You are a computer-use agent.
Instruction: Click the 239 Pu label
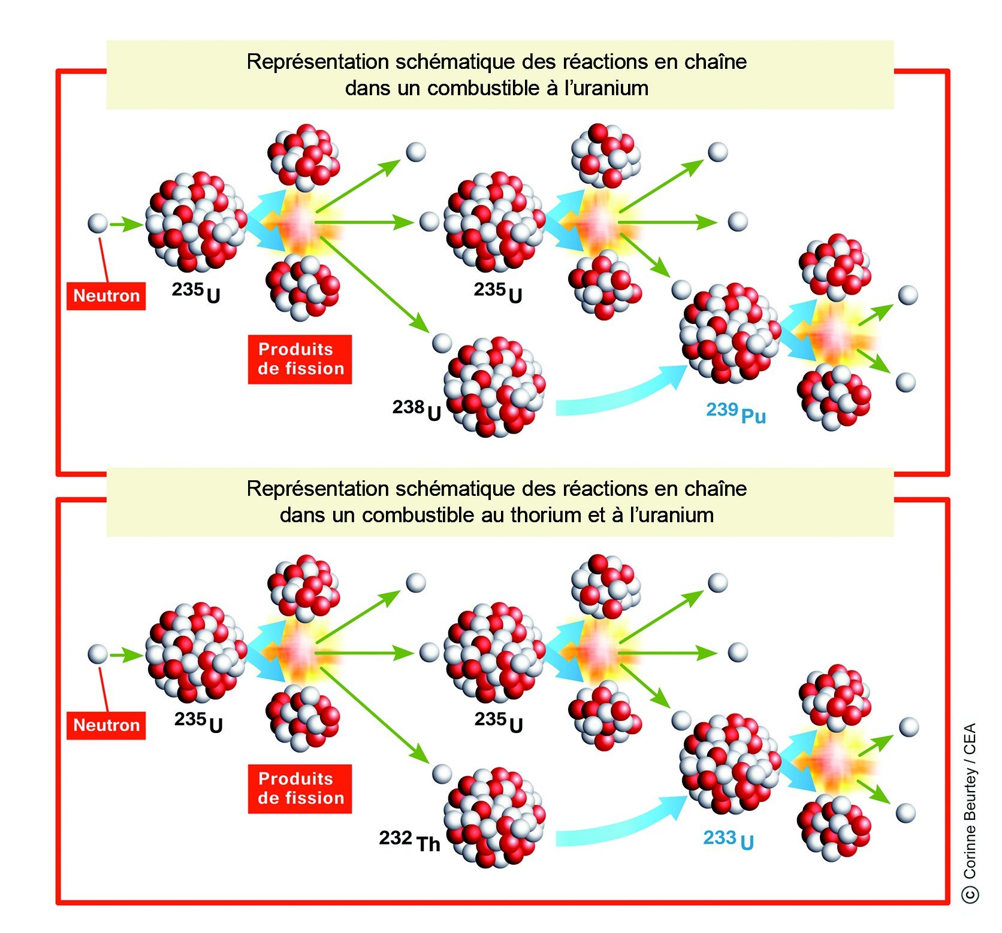coord(735,413)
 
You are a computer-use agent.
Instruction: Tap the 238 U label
coord(417,410)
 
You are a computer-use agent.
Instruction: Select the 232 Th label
coord(410,840)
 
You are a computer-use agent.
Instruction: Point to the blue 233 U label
coord(728,840)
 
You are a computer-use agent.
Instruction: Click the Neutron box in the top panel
coord(106,296)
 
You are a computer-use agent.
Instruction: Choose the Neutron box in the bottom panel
coord(106,725)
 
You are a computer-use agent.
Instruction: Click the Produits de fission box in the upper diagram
coord(300,359)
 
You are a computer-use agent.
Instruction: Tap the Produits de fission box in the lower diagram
coord(300,788)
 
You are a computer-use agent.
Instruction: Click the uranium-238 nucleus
coord(494,386)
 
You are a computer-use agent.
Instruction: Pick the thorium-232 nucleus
coord(494,817)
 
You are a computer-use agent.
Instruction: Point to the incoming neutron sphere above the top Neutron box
coord(98,224)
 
